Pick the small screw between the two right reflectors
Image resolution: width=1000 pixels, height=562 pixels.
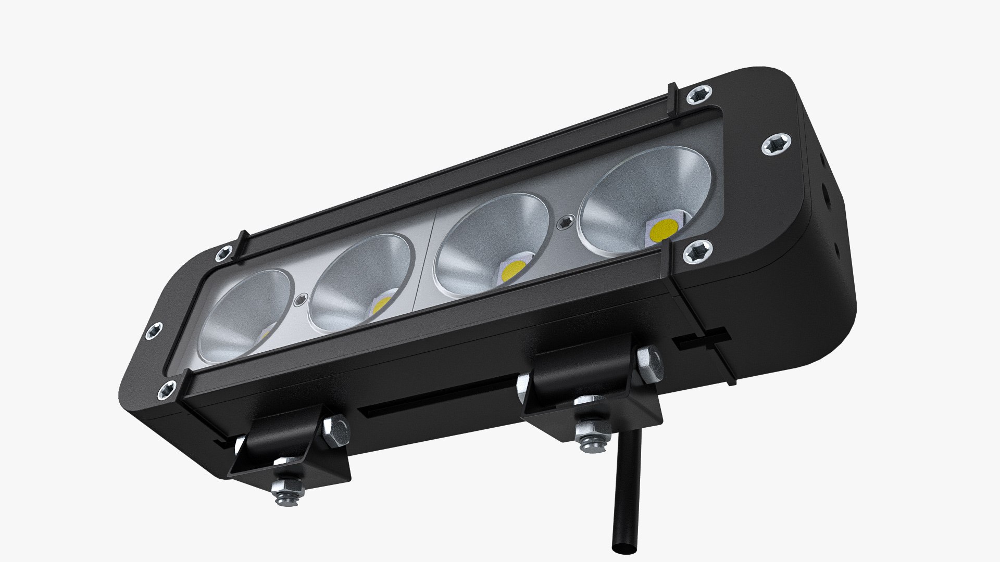(x=565, y=223)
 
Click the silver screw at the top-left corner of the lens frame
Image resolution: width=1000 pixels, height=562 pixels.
(x=224, y=253)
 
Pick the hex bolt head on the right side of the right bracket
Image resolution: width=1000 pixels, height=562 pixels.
(x=647, y=360)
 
